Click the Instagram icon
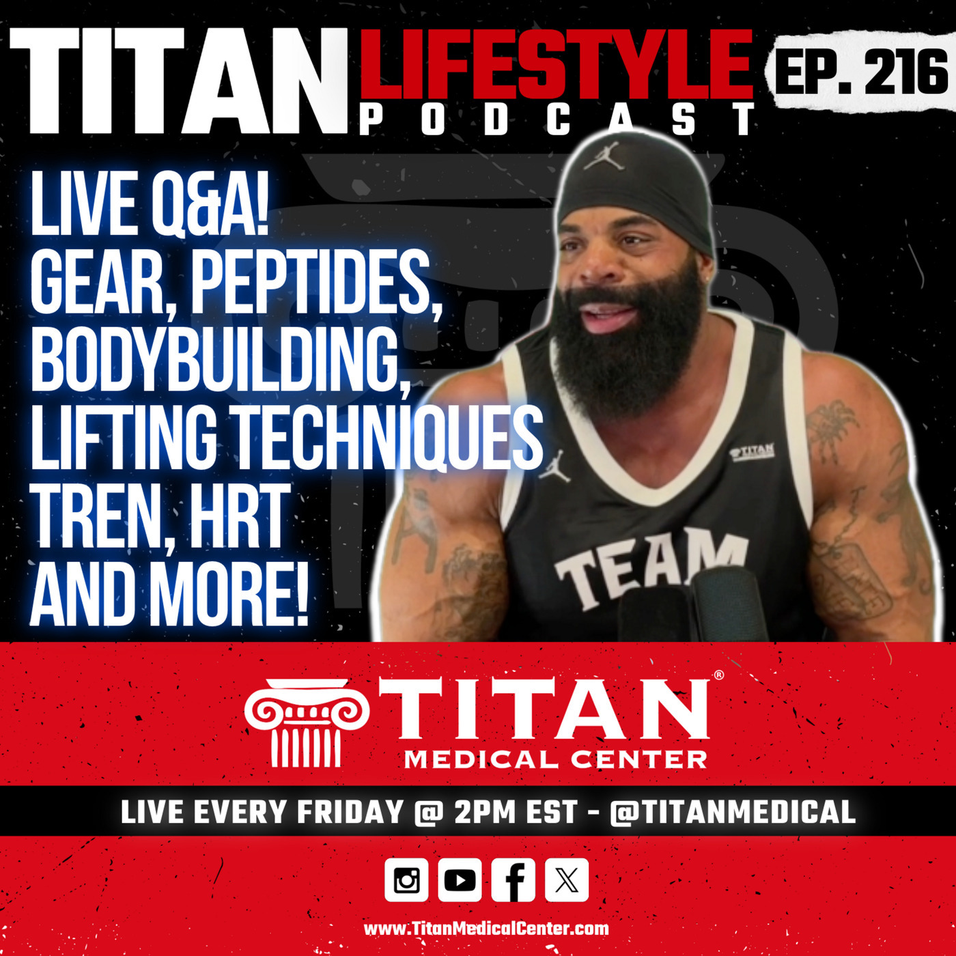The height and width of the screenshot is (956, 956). click(406, 880)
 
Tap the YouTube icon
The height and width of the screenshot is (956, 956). click(460, 880)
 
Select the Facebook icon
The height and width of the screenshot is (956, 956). click(513, 880)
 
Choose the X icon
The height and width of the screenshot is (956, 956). click(567, 880)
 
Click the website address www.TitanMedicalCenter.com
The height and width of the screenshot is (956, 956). click(486, 929)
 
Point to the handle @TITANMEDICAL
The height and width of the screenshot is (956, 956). click(732, 812)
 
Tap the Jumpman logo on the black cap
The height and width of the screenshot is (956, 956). click(604, 155)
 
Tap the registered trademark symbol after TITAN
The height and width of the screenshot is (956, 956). click(718, 675)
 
